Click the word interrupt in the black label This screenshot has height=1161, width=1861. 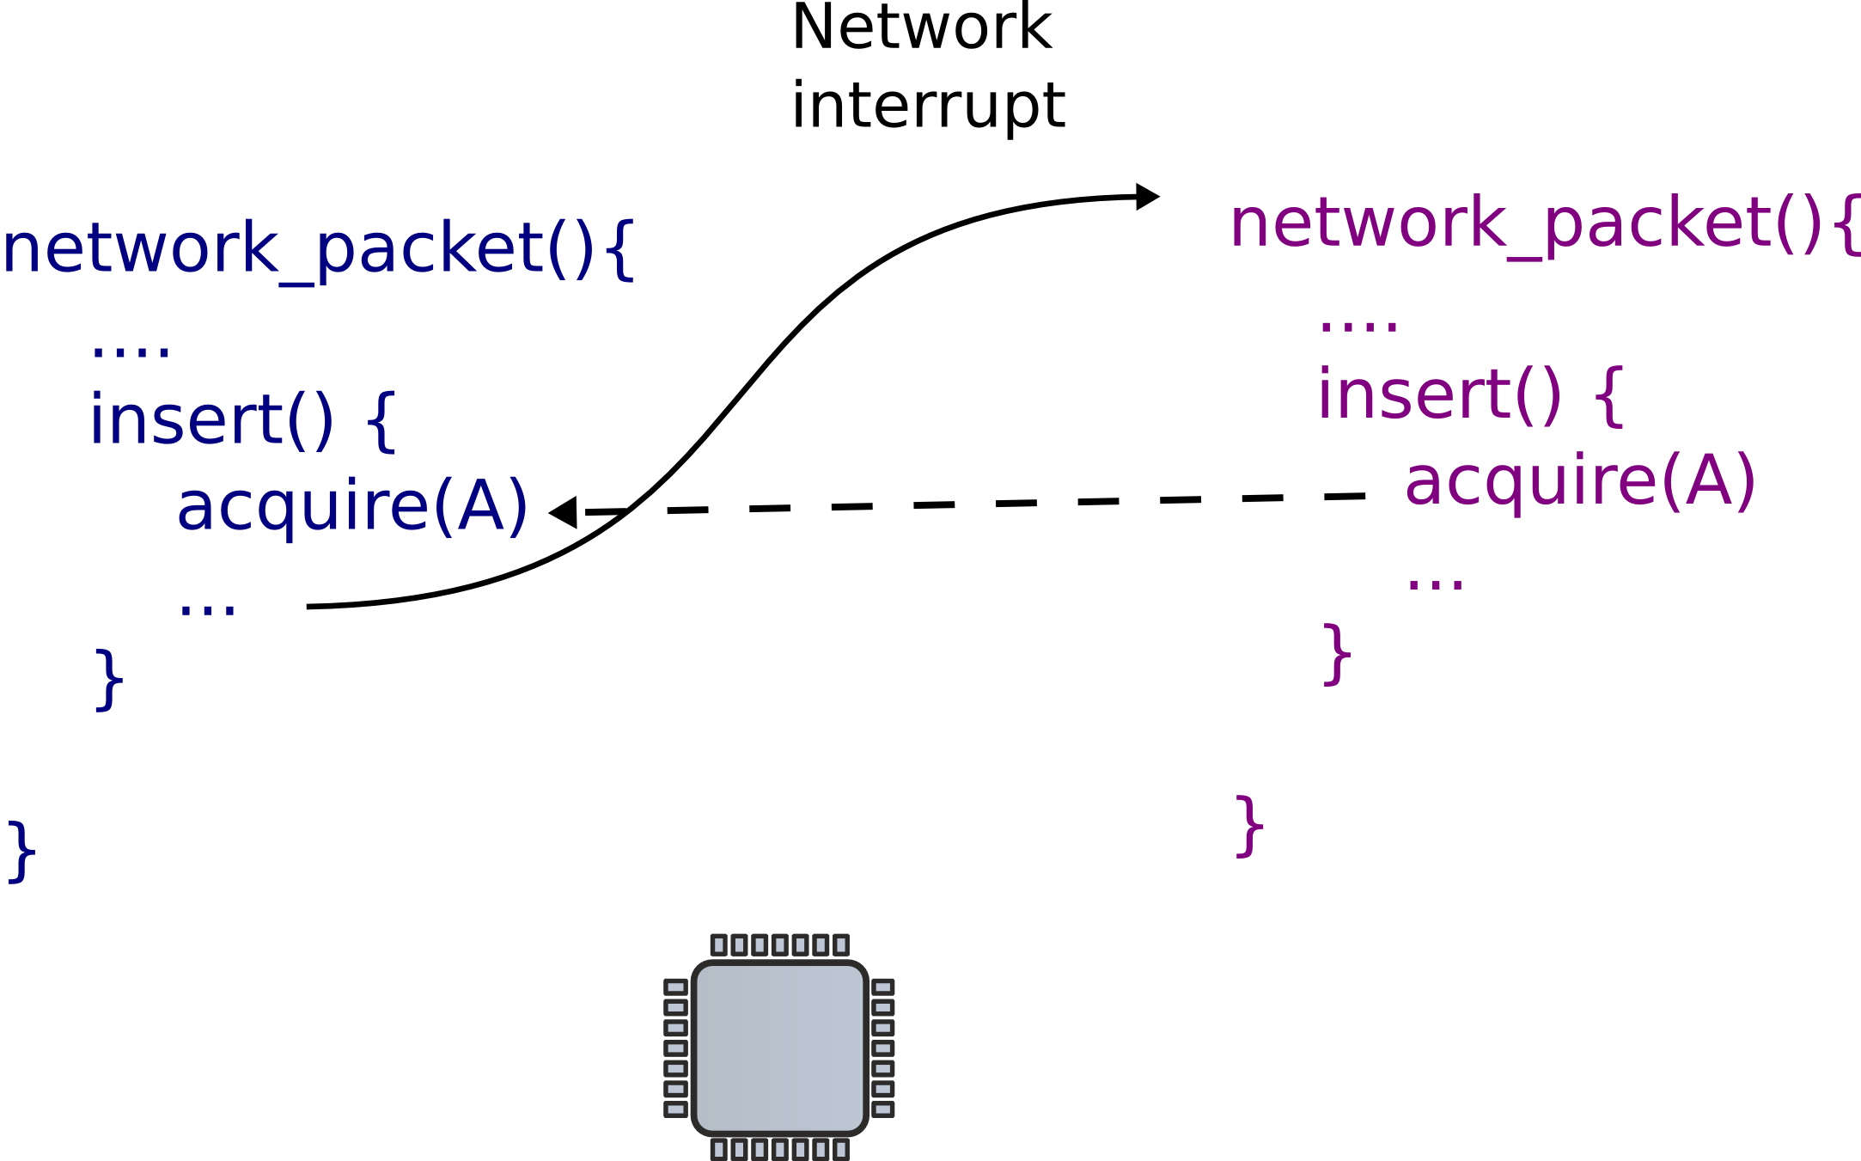(928, 107)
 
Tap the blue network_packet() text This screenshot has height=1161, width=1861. (297, 249)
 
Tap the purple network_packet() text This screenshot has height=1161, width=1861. (1525, 224)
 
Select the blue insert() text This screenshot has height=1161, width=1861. (211, 420)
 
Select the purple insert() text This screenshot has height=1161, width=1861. (1439, 395)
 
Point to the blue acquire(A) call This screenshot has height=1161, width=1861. (352, 506)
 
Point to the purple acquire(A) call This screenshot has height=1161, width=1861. (1580, 480)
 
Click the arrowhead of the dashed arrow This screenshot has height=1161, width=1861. (564, 513)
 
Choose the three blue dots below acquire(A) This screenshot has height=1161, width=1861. (207, 609)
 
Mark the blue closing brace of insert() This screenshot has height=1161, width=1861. (108, 679)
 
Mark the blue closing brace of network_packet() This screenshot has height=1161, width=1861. (21, 851)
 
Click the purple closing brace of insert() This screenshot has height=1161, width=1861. (1337, 654)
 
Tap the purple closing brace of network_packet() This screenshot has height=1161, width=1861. (1249, 826)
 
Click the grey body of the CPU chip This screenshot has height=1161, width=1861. (779, 1047)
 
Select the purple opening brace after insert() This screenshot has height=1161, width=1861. (1609, 395)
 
